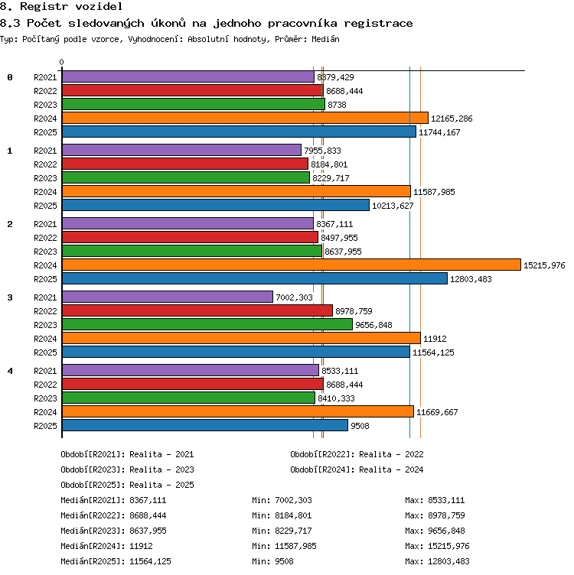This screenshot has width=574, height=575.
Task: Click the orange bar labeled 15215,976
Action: click(292, 265)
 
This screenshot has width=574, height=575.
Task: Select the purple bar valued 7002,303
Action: click(168, 297)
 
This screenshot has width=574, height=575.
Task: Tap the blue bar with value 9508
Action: click(205, 425)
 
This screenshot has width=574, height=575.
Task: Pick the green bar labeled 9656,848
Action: click(207, 324)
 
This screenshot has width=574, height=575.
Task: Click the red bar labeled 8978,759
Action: click(197, 310)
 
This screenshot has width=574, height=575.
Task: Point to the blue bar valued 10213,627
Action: click(216, 205)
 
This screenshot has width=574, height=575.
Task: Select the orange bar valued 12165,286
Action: click(245, 118)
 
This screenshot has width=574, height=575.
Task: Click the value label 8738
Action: click(337, 105)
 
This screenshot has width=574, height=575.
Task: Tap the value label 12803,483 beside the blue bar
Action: click(471, 279)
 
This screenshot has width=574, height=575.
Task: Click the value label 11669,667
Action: click(437, 412)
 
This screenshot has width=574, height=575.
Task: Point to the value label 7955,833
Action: click(323, 151)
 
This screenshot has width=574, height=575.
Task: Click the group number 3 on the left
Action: click(10, 297)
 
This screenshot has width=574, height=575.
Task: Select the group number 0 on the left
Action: click(10, 77)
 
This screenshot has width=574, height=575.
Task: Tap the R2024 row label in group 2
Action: click(45, 265)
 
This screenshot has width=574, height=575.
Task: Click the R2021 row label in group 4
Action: click(45, 371)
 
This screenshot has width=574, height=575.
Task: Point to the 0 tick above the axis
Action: click(62, 62)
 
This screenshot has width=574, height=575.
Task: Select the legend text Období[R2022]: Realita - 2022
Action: click(357, 454)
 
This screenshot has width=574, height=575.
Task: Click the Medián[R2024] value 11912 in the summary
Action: click(141, 546)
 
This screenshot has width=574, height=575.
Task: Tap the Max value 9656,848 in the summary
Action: click(446, 531)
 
